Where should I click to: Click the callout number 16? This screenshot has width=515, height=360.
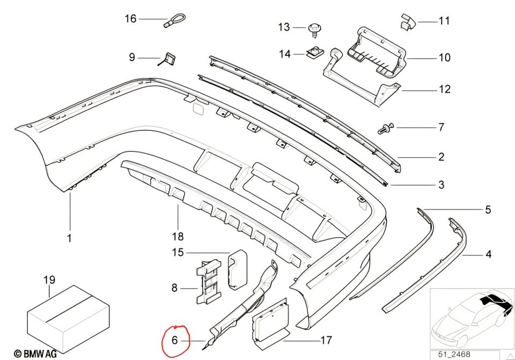pos(130,18)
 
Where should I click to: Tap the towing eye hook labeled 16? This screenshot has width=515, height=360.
pos(175,20)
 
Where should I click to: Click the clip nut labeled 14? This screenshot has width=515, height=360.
pos(315,53)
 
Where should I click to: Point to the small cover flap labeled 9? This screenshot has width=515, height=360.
pos(168,59)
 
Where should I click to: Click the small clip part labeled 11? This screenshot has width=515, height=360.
pos(408,22)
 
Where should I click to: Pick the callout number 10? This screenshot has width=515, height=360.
pos(444,57)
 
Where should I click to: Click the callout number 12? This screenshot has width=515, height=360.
pos(445,89)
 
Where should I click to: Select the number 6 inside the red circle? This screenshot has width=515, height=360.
pos(174,340)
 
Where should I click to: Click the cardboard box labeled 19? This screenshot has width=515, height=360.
pos(68,318)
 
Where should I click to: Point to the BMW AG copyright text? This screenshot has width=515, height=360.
pos(35,354)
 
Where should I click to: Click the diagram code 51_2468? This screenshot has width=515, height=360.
pos(454,355)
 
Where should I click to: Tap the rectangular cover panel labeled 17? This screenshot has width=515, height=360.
pos(270,324)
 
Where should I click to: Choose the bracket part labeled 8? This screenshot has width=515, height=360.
pos(209,281)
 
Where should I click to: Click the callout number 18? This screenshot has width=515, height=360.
pos(178,236)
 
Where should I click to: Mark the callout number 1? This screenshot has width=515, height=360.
pos(69,238)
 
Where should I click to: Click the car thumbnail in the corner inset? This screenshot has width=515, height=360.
pos(472,319)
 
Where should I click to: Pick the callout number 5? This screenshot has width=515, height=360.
pos(488,209)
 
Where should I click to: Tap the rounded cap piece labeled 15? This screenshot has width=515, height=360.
pos(237,270)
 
